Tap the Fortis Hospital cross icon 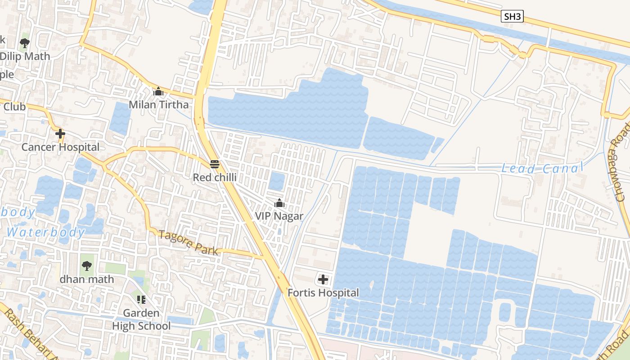pyautogui.click(x=323, y=279)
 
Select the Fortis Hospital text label pyautogui.click(x=323, y=293)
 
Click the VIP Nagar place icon pyautogui.click(x=279, y=203)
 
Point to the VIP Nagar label pyautogui.click(x=279, y=216)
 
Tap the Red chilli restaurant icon pyautogui.click(x=215, y=164)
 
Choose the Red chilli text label pyautogui.click(x=215, y=177)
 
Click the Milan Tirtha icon pyautogui.click(x=158, y=92)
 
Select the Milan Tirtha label pyautogui.click(x=158, y=105)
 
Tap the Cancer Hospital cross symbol pyautogui.click(x=60, y=134)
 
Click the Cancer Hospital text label pyautogui.click(x=60, y=147)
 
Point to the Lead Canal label pyautogui.click(x=542, y=169)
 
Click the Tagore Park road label pyautogui.click(x=188, y=243)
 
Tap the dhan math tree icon pyautogui.click(x=87, y=266)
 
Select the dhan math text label pyautogui.click(x=87, y=279)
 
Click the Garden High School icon pyautogui.click(x=141, y=299)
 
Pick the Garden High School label pyautogui.click(x=141, y=319)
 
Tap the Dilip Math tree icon pyautogui.click(x=25, y=43)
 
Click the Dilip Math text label pyautogui.click(x=25, y=57)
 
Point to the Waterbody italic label pyautogui.click(x=45, y=233)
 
